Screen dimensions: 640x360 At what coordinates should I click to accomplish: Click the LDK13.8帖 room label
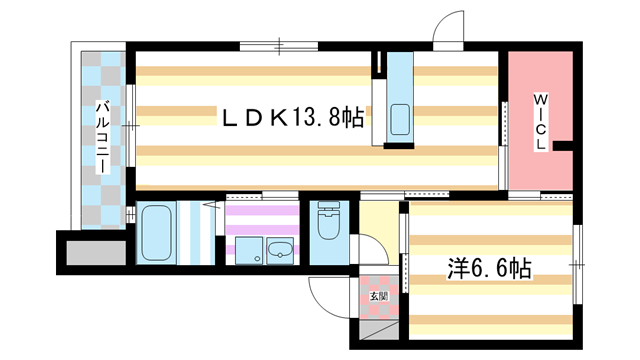[293, 118]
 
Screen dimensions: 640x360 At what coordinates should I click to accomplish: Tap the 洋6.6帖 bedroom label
[489, 269]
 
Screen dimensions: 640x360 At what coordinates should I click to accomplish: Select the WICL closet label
[540, 122]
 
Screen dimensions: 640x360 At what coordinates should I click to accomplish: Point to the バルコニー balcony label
[103, 137]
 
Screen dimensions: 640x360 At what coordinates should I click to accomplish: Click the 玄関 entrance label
[378, 296]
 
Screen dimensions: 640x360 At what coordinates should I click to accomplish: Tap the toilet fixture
[329, 221]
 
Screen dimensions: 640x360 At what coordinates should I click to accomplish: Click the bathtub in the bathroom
[156, 233]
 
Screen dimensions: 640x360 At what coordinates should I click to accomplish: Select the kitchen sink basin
[400, 120]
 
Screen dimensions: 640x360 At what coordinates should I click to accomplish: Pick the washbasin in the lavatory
[280, 250]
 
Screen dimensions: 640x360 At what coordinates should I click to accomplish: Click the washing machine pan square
[249, 251]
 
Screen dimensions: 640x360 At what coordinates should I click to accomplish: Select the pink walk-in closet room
[541, 121]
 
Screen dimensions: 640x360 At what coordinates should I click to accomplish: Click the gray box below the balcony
[96, 253]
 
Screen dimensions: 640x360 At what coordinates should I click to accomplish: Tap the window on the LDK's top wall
[279, 46]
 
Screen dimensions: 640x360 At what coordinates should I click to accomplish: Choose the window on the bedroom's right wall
[578, 264]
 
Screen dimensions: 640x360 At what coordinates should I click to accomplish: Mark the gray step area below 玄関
[379, 329]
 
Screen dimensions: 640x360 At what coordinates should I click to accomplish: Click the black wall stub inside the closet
[563, 146]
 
